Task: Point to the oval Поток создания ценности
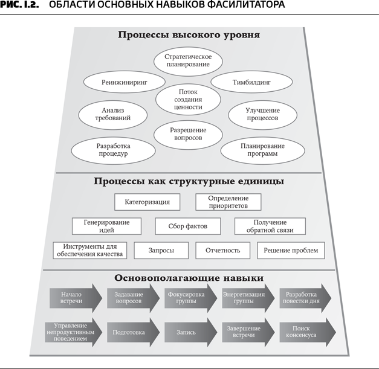coord(187,98)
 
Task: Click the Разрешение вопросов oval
coord(189,134)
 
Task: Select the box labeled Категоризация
coord(147,202)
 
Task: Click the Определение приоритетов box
coord(229,202)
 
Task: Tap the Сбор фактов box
coord(189,226)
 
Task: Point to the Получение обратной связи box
coord(270,226)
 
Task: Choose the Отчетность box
coord(222,250)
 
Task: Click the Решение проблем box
coord(291,250)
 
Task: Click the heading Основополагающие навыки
coord(189,278)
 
